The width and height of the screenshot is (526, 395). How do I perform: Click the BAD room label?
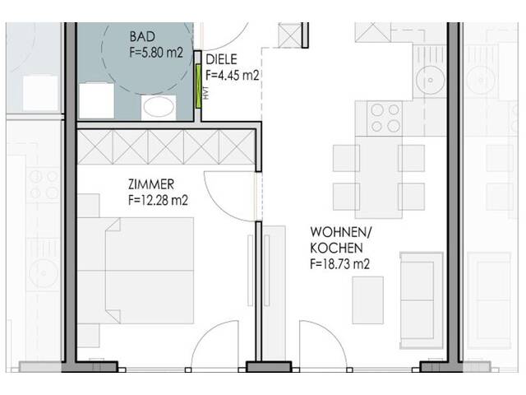[141, 37]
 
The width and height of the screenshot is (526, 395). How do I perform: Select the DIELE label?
[220, 60]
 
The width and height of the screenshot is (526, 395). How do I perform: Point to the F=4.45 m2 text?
[233, 75]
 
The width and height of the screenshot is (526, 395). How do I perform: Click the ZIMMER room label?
[150, 184]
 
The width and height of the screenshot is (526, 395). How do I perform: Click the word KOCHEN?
[336, 248]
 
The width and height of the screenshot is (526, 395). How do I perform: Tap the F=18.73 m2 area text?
[339, 264]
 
